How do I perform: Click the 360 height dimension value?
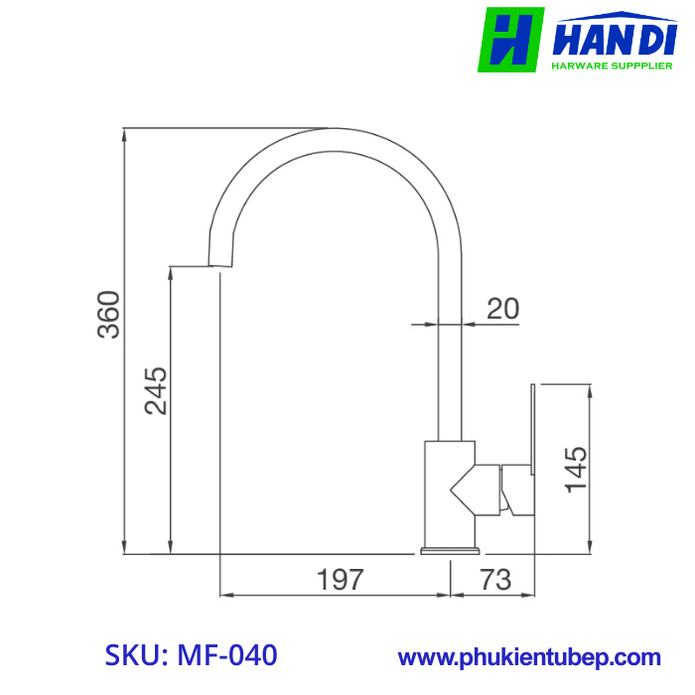[108, 315]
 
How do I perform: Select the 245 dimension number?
[154, 391]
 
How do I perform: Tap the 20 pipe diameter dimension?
[503, 309]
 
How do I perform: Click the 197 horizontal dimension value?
[340, 579]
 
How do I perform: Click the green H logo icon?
[510, 40]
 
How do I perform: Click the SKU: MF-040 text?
[191, 656]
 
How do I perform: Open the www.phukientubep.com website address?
[529, 657]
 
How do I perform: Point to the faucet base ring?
[451, 550]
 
